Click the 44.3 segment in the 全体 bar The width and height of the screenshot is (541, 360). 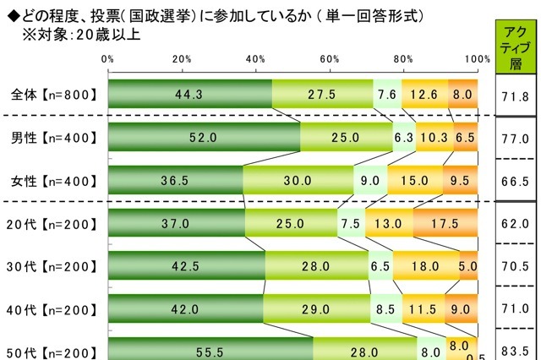190,94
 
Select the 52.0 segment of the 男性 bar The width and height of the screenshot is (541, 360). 204,137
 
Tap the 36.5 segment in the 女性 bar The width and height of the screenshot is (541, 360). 175,180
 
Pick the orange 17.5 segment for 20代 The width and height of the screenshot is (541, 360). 445,223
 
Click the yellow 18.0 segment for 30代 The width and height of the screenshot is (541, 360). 427,266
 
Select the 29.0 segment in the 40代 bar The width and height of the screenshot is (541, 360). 317,309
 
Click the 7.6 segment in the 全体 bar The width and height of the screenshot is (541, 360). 386,94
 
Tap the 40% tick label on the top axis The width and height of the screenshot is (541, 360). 255,58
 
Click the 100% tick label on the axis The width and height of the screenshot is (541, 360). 477,58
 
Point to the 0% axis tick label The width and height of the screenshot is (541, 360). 108,58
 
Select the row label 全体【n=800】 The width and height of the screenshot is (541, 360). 50,95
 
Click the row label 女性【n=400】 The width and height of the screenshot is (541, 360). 50,180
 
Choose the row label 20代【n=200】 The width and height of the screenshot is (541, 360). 50,223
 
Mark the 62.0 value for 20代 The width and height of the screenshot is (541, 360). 515,223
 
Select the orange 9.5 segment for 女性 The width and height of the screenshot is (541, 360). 461,180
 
